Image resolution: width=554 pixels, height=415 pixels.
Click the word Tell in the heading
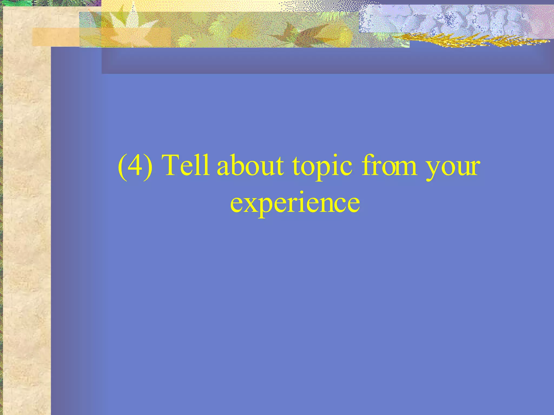(x=186, y=165)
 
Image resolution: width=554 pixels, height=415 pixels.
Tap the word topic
(x=322, y=166)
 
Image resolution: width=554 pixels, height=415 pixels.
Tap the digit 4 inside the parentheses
(x=135, y=165)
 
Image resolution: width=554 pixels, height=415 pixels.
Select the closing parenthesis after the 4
(x=148, y=166)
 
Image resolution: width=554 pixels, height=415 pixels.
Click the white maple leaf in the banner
(x=130, y=27)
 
